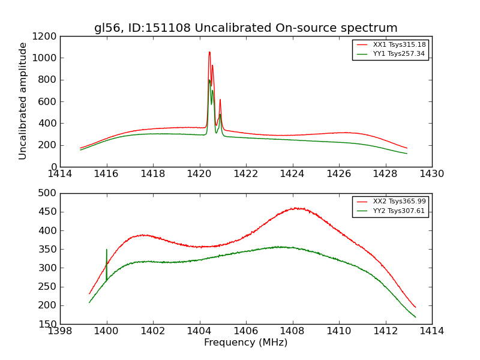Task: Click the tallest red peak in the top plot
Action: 209,52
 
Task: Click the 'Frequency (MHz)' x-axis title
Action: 245,343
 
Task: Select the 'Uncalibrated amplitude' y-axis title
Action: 23,101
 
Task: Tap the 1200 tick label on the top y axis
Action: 46,37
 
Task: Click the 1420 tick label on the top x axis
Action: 199,174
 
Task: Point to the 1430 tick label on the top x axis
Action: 431,174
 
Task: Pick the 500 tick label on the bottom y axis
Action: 49,193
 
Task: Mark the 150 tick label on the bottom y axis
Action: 49,324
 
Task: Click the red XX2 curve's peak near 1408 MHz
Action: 296,208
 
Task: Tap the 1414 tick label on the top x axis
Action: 60,174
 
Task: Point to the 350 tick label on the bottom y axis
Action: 49,249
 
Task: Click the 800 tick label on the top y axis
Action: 49,80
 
